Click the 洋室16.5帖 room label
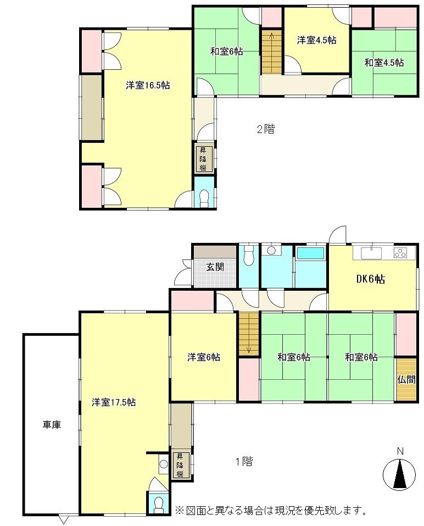point(148,85)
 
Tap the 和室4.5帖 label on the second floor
point(384,63)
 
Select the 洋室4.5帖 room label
point(317,40)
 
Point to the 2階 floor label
point(266,129)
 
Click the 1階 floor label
point(244,462)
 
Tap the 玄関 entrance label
point(215,267)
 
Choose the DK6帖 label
point(370,279)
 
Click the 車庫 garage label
point(52,425)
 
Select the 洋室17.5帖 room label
point(114,402)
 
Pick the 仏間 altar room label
point(406,380)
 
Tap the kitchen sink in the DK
point(371,253)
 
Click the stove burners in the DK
point(400,253)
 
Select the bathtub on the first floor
point(310,253)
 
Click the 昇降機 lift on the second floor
point(203,159)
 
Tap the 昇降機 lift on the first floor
point(181,466)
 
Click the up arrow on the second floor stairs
point(271,37)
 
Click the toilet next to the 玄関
point(248,256)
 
